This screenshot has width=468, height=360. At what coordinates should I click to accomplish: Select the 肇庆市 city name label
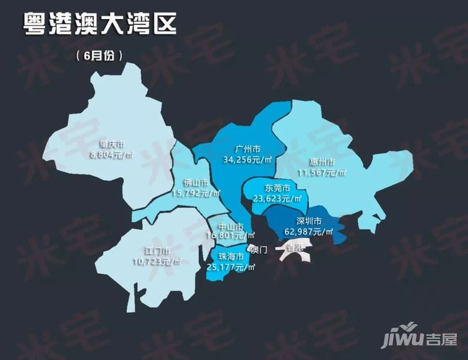click(112, 144)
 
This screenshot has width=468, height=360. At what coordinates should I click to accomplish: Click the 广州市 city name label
click(248, 149)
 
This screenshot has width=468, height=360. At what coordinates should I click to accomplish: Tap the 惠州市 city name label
click(323, 162)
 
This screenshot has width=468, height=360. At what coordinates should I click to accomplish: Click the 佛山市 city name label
click(196, 183)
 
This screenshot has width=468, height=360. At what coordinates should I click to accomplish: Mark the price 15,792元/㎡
click(197, 193)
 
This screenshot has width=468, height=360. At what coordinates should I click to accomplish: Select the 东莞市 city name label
click(277, 188)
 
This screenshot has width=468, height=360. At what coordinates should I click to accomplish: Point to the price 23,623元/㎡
click(277, 198)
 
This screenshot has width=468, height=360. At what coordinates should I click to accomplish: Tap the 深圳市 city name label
click(308, 221)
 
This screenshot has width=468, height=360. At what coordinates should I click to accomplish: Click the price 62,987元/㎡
click(308, 231)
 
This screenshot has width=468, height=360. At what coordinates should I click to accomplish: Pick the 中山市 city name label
click(230, 226)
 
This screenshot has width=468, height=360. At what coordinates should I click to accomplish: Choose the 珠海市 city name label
click(230, 257)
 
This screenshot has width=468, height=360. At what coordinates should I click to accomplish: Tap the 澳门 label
click(259, 250)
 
